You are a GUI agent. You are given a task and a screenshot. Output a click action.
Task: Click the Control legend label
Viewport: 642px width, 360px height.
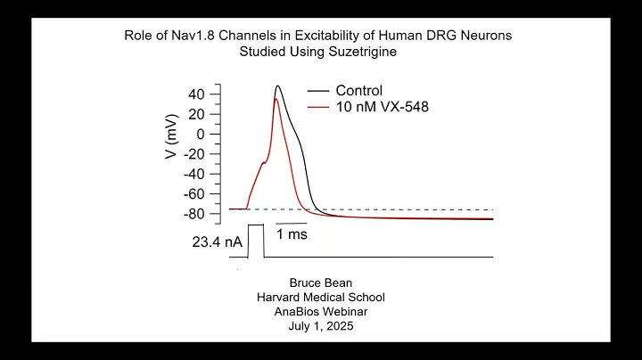click(x=358, y=91)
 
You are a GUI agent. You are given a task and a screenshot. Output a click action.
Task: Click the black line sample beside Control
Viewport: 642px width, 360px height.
click(x=318, y=91)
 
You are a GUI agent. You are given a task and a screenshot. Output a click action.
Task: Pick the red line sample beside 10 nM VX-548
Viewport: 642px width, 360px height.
click(x=318, y=108)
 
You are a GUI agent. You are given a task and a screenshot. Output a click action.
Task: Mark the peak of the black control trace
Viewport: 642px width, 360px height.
click(x=278, y=86)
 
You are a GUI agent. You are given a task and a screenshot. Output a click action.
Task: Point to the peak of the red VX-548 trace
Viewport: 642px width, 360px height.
click(x=276, y=99)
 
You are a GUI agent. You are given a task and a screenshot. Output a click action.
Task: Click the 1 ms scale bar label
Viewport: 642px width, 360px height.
click(x=292, y=235)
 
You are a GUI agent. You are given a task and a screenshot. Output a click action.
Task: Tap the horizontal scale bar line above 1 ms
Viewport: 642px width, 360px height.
click(x=291, y=223)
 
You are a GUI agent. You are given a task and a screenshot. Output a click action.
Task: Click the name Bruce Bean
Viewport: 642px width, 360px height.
click(x=321, y=283)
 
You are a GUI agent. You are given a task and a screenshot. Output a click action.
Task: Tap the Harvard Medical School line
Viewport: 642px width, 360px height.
click(x=321, y=298)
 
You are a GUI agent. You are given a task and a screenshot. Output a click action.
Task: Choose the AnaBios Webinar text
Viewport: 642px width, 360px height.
click(x=321, y=312)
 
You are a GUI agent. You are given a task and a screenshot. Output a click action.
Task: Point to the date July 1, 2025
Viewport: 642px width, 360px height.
click(x=321, y=326)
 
